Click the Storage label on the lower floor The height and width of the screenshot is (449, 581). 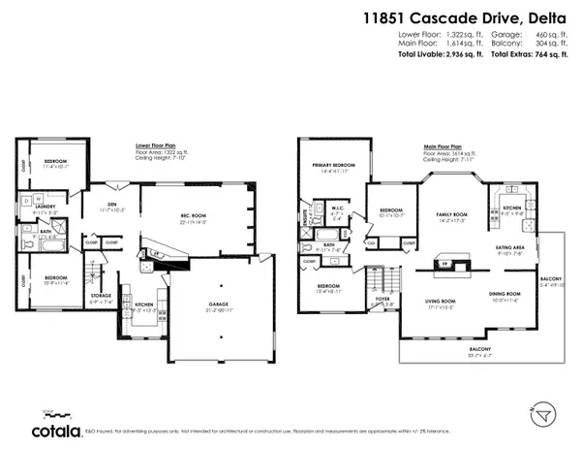[100, 297]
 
